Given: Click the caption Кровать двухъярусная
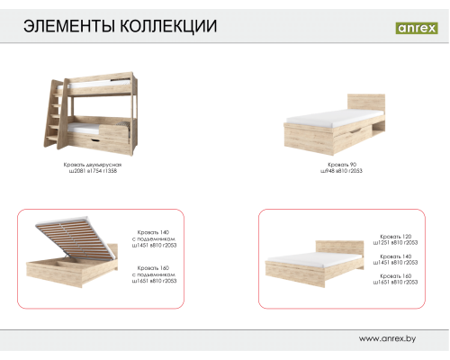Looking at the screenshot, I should [x=93, y=166].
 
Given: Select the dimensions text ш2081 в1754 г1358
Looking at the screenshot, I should [x=93, y=172].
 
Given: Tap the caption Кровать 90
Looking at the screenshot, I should [x=341, y=166].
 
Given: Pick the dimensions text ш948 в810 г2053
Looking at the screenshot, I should [x=341, y=172].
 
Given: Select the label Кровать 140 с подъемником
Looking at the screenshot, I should [x=156, y=237].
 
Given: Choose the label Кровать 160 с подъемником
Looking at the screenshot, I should [x=156, y=274].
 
